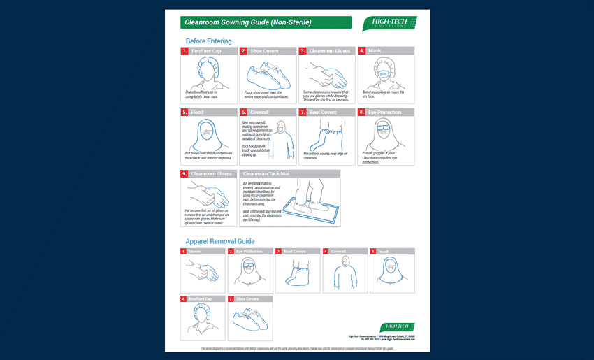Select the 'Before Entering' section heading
coord(209,41)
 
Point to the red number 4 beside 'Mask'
coord(361,51)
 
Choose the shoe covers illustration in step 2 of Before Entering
coord(266,72)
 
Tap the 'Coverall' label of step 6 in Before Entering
coord(260,112)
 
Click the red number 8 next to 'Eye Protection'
coord(361,112)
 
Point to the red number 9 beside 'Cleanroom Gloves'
coord(184,173)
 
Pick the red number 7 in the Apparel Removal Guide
coord(231,298)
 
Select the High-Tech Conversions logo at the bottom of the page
coord(398,326)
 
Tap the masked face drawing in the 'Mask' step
coord(385,72)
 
